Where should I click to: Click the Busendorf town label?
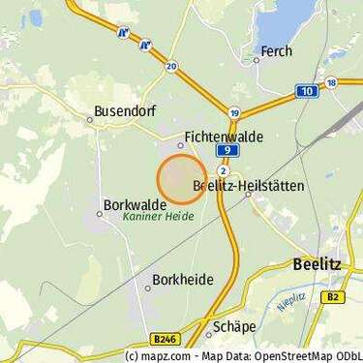click(x=119, y=112)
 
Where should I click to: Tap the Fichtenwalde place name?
click(x=223, y=138)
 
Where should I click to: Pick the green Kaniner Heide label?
click(x=157, y=218)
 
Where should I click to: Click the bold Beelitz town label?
click(x=317, y=262)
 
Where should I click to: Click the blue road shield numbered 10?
click(x=307, y=91)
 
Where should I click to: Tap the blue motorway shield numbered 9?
click(x=225, y=152)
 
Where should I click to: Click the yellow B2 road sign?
click(x=335, y=297)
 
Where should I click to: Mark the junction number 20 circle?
click(x=171, y=66)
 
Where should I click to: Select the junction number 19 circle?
click(x=235, y=112)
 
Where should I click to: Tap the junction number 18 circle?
click(x=331, y=82)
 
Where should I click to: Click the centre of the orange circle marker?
click(x=181, y=179)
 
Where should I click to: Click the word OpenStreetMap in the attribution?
click(x=276, y=355)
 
